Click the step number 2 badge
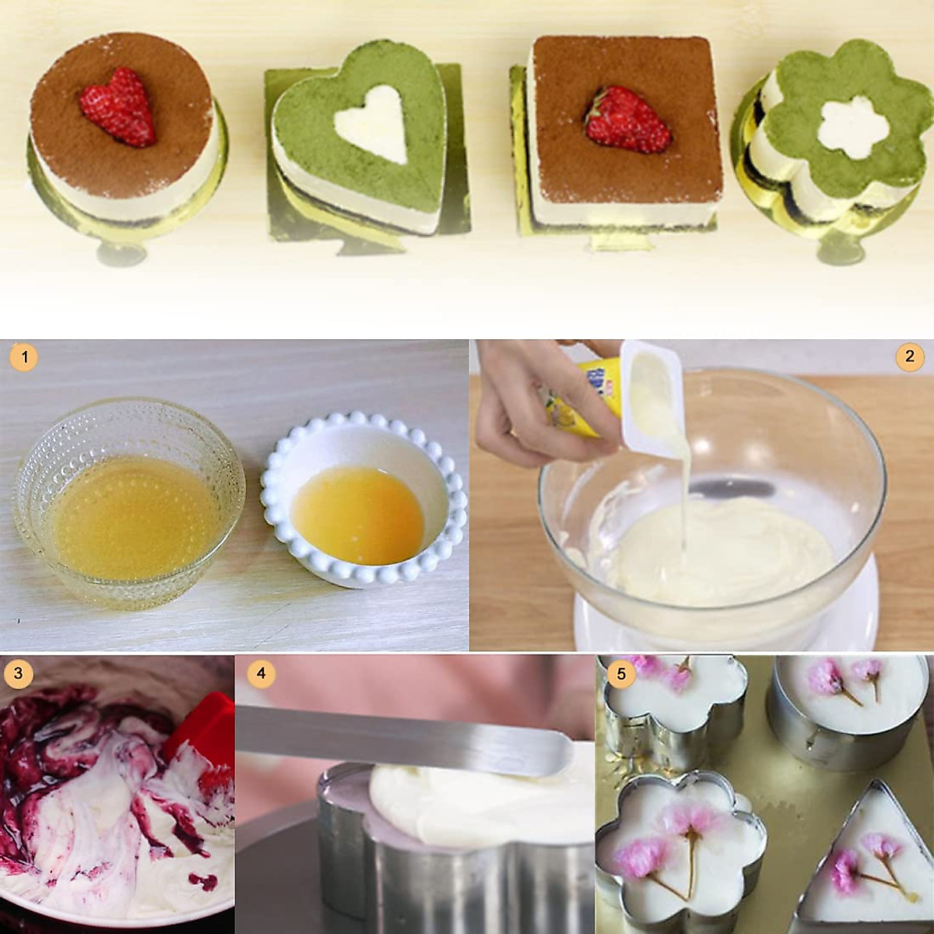(x=908, y=356)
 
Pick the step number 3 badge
(x=17, y=673)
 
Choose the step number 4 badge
(x=261, y=672)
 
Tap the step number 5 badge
(x=620, y=673)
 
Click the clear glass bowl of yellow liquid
(x=128, y=495)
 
